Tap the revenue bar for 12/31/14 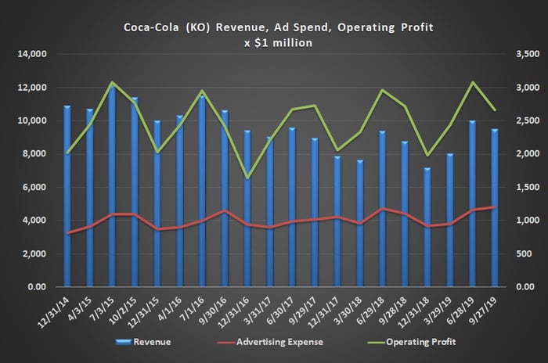(67, 196)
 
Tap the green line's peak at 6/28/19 (471, 82)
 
